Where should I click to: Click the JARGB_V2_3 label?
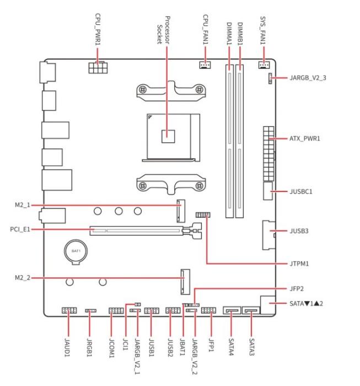coord(308,78)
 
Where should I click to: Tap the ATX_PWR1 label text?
coord(305,138)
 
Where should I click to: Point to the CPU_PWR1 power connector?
coord(98,67)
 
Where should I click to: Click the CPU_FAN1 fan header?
coord(205,65)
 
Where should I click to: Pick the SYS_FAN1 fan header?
coord(264,65)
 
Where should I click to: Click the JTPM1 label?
coord(299,264)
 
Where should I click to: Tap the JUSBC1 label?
coord(301,191)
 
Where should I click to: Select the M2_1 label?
coord(23,205)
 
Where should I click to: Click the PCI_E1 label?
coord(20,229)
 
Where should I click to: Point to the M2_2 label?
coord(23,278)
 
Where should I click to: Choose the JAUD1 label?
coord(67,347)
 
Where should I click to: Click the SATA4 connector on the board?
coord(232,310)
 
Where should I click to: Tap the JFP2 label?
coord(297,288)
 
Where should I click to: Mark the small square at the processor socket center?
coord(168,136)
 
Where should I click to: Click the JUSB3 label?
coord(299,231)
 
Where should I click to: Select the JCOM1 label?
coord(111,348)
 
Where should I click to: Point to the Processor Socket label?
coord(164,30)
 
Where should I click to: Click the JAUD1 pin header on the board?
coord(69,310)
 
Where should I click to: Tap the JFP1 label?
coord(211,345)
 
